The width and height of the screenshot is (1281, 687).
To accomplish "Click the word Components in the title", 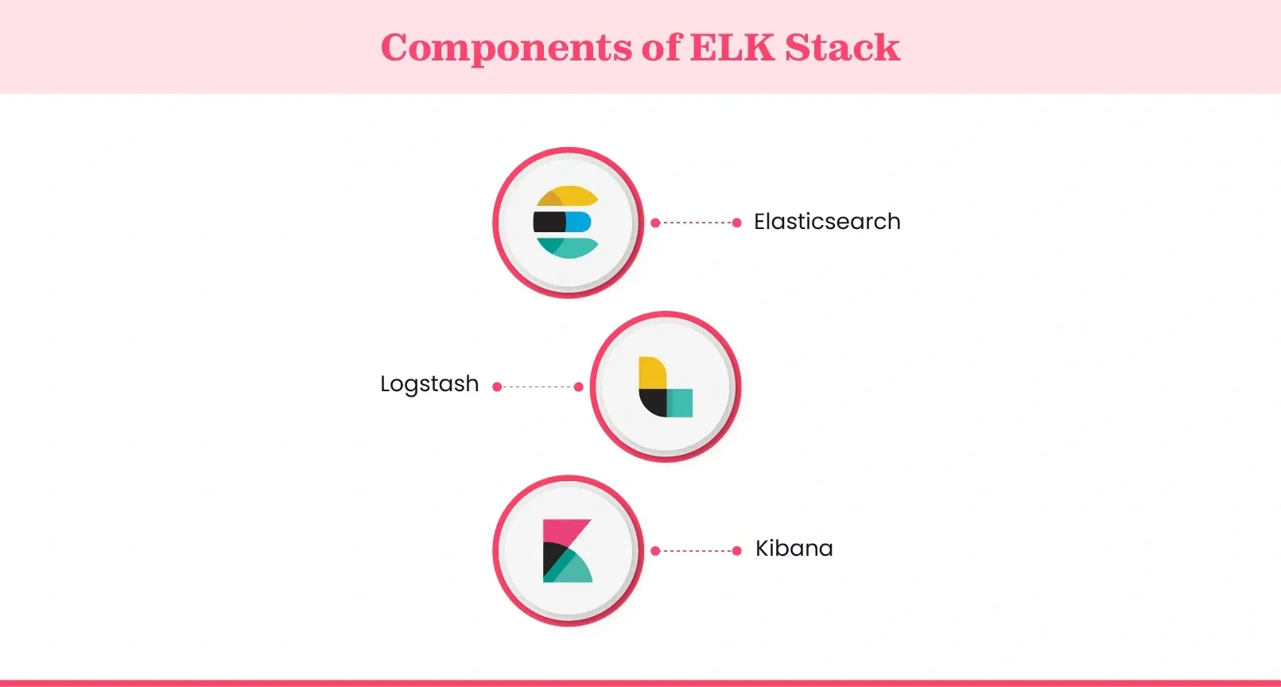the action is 506,49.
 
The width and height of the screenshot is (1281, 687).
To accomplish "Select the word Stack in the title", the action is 842,47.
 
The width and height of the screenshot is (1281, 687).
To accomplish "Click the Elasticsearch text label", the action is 827,221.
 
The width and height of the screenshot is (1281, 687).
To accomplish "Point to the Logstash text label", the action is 429,384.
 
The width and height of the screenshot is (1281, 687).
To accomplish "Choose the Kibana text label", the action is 794,548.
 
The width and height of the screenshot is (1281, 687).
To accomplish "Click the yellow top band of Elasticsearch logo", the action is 567,196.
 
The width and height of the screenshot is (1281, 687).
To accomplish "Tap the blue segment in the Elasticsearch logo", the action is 578,222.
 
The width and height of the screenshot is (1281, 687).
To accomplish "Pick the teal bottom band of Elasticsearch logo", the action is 567,248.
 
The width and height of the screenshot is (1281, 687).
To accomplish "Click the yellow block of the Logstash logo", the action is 653,372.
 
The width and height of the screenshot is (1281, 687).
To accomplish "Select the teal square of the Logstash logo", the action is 680,403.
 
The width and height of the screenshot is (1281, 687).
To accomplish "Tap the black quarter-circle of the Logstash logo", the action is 653,402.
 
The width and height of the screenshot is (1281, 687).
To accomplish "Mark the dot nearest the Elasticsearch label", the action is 736,223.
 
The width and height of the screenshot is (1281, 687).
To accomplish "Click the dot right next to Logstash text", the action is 497,386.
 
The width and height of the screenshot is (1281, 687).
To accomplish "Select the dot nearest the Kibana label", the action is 736,550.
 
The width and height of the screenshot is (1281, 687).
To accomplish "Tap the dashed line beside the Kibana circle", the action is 696,550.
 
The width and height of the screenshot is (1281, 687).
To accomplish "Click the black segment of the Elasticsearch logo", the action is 549,222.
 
